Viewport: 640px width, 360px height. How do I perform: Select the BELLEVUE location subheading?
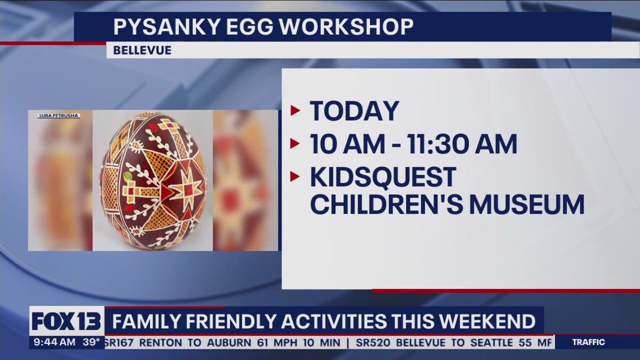[142, 50]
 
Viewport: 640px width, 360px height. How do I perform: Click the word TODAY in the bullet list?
[354, 111]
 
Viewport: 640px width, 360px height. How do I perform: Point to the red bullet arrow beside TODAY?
[295, 110]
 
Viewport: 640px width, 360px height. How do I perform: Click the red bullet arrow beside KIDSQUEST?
[295, 176]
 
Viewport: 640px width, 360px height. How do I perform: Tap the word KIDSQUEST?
[383, 177]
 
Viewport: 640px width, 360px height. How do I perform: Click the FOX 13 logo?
[66, 321]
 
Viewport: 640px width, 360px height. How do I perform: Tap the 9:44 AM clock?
[54, 342]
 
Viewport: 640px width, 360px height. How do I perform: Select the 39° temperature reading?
[91, 342]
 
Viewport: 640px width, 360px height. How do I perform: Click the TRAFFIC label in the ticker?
[588, 342]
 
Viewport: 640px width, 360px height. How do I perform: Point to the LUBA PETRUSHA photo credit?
[58, 116]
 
